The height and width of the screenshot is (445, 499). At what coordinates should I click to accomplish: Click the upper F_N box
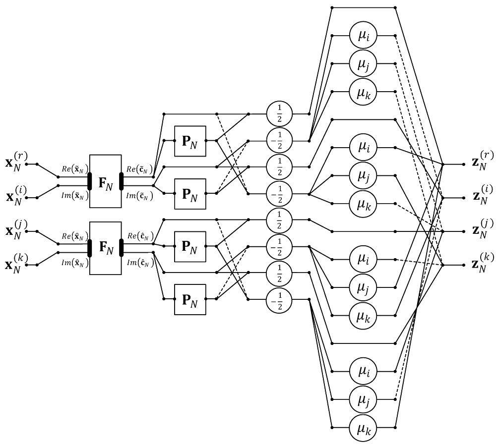tap(105, 180)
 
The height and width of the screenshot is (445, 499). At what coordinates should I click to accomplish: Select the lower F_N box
tap(105, 247)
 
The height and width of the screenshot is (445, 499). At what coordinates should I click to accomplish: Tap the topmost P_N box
tap(190, 140)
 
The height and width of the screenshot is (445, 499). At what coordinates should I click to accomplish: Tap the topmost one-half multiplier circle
tap(280, 113)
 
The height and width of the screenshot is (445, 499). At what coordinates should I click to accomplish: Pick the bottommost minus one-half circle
tap(280, 299)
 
